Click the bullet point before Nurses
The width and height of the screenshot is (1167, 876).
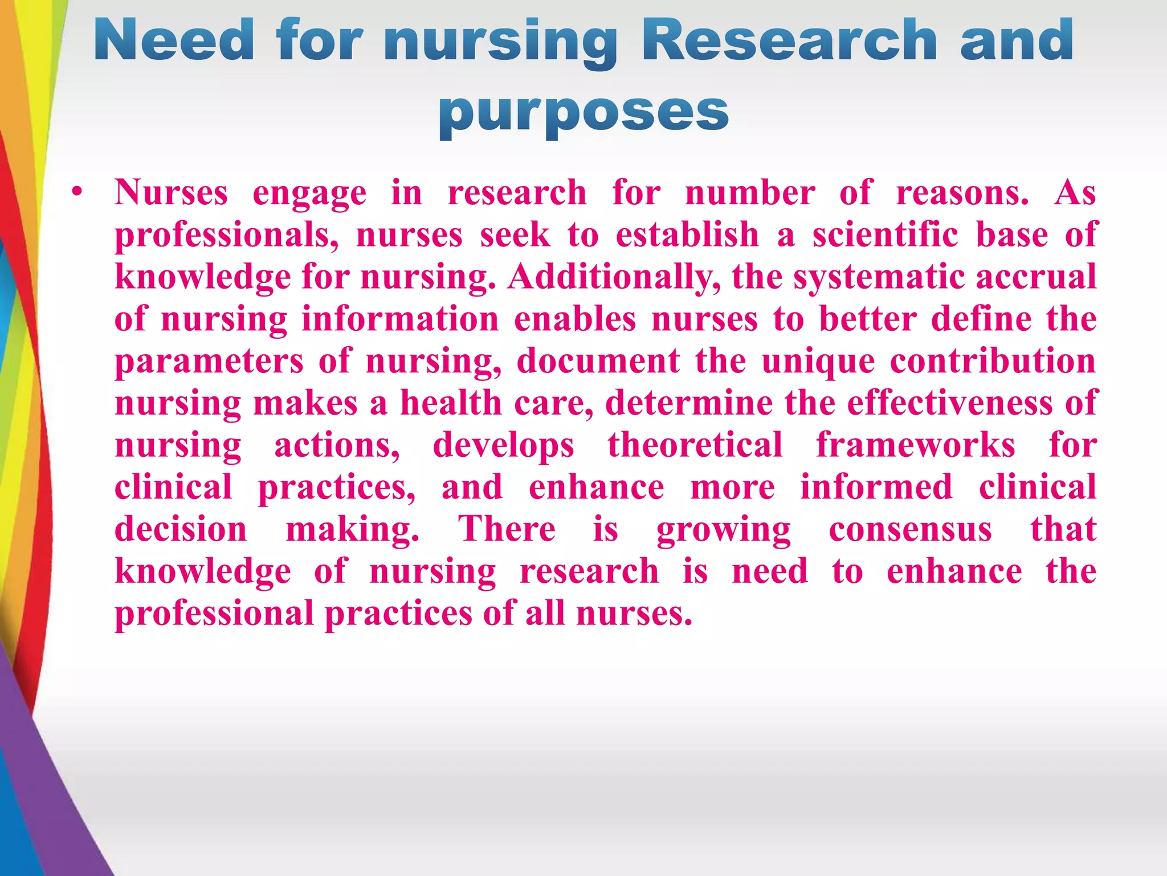pyautogui.click(x=78, y=192)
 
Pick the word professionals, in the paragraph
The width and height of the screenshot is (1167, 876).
pyautogui.click(x=227, y=236)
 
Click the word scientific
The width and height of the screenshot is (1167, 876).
pyautogui.click(x=885, y=234)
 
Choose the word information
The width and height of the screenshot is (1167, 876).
pyautogui.click(x=400, y=319)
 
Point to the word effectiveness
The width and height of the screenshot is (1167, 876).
pyautogui.click(x=949, y=403)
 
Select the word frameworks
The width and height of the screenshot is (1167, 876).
pyautogui.click(x=916, y=445)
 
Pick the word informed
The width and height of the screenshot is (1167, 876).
pyautogui.click(x=876, y=487)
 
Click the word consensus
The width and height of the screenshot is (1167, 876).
pyautogui.click(x=910, y=529)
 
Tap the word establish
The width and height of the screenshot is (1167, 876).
pyautogui.click(x=687, y=234)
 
